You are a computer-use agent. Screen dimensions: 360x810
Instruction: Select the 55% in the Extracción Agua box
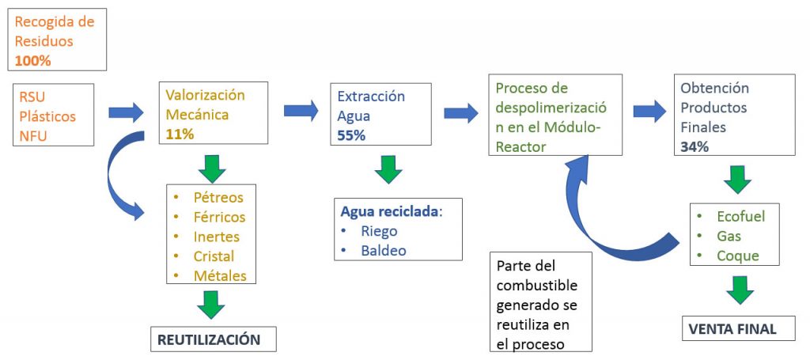pos(351,135)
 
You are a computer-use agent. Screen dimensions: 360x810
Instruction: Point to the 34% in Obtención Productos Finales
pos(694,145)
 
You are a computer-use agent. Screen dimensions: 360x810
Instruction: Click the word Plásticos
pos(47,116)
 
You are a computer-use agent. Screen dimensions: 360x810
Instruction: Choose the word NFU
pos(34,135)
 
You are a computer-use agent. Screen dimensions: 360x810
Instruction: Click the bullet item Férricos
pos(219,217)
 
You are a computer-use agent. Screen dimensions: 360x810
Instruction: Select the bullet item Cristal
pos(214,256)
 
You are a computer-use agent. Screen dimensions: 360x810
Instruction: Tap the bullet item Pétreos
pos(218,197)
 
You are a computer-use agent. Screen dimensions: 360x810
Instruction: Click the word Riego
pos(380,231)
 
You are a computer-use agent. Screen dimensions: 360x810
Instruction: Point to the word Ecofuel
pos(740,217)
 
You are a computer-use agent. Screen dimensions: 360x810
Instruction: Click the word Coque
pos(737,256)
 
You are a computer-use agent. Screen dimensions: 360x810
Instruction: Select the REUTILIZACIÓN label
pos(209,339)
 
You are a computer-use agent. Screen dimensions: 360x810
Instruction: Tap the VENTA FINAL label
pos(732,328)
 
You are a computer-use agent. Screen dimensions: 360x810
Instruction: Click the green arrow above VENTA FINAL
pos(740,290)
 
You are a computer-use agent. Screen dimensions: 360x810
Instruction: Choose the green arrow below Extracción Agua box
pos(388,169)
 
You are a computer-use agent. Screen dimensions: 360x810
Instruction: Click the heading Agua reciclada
pos(390,211)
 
